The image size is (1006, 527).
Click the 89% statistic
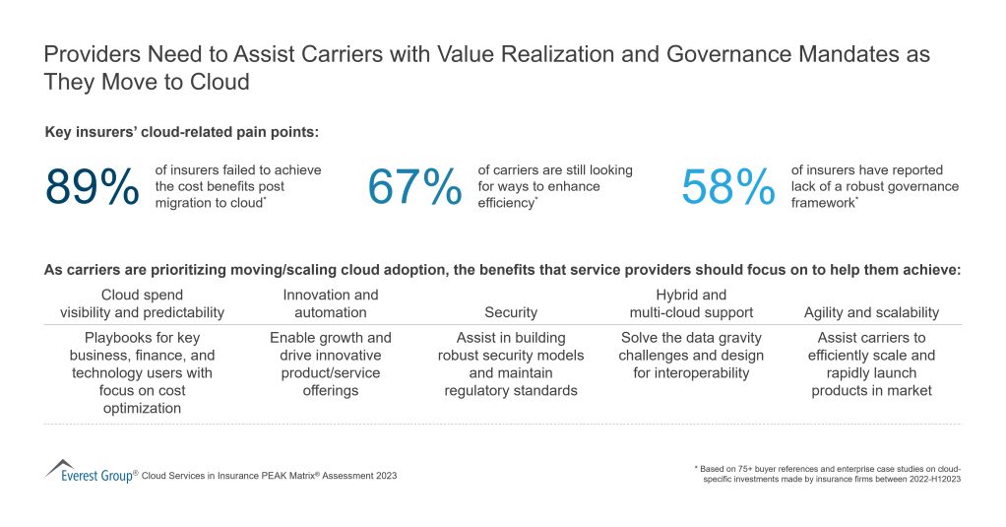[x=93, y=187]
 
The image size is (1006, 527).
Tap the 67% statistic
[x=414, y=187]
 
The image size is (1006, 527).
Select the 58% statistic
[x=728, y=187]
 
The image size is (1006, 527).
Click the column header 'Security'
[x=511, y=312]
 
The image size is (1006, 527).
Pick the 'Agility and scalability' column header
[x=871, y=312]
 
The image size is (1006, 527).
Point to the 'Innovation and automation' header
[x=331, y=303]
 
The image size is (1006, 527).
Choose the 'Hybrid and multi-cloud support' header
[x=691, y=303]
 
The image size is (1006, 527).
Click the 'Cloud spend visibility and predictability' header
[x=142, y=303]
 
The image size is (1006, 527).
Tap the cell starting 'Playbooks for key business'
[x=142, y=372]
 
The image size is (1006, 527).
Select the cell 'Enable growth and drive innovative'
[x=331, y=363]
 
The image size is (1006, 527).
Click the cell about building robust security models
[x=511, y=363]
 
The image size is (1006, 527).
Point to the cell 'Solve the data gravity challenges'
[x=691, y=355]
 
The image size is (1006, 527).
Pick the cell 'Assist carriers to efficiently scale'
[x=871, y=363]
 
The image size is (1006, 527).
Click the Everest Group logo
[x=90, y=472]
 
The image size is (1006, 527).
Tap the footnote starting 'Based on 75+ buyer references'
[x=827, y=474]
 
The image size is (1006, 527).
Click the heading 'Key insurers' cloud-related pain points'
[x=182, y=131]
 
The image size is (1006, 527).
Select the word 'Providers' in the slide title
[x=90, y=55]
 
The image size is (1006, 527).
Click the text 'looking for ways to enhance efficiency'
[x=555, y=186]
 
